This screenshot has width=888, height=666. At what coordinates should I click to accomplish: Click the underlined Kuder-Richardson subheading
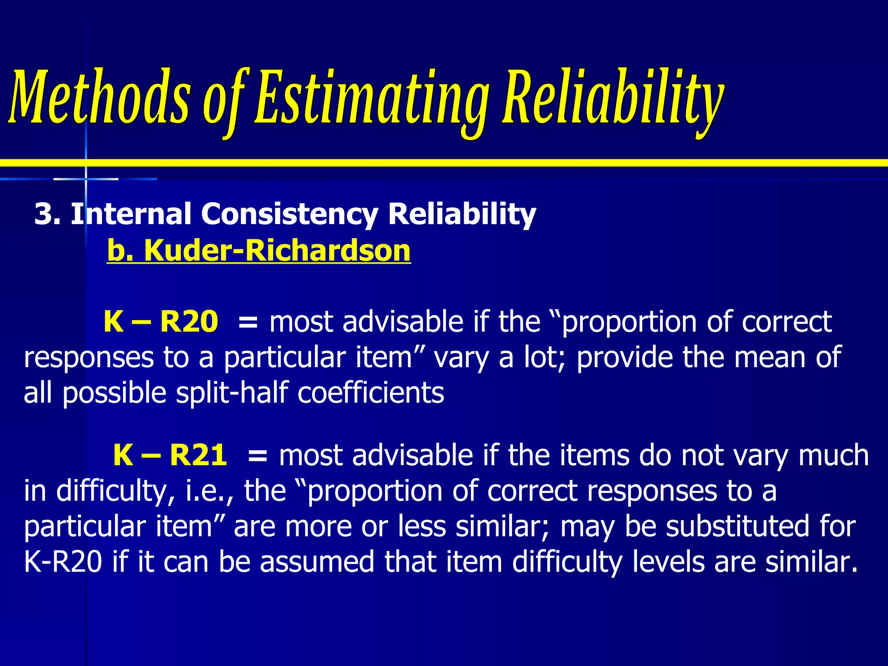point(258,251)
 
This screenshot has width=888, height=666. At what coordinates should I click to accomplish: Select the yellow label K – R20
point(160,322)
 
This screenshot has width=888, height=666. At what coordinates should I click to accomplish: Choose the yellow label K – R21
point(170,455)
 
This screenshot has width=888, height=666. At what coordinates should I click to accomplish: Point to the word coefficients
point(371,393)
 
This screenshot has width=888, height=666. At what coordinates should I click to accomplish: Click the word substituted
point(738,526)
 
